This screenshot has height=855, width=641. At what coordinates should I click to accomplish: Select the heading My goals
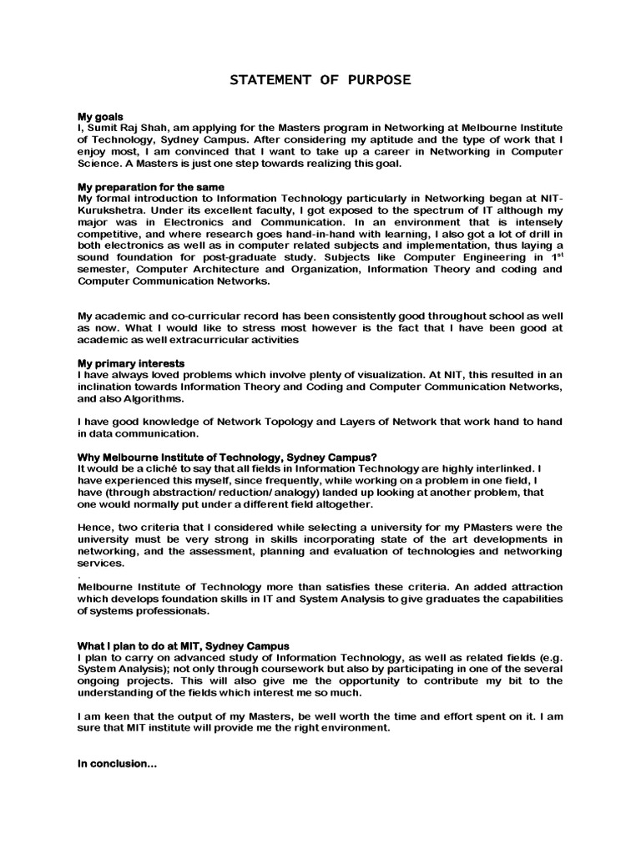[101, 116]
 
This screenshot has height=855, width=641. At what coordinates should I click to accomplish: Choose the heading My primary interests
[131, 364]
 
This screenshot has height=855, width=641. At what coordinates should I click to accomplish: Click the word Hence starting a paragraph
[94, 528]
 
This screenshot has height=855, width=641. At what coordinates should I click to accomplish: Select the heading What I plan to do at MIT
[184, 645]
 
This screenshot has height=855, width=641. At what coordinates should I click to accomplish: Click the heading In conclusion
[118, 763]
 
